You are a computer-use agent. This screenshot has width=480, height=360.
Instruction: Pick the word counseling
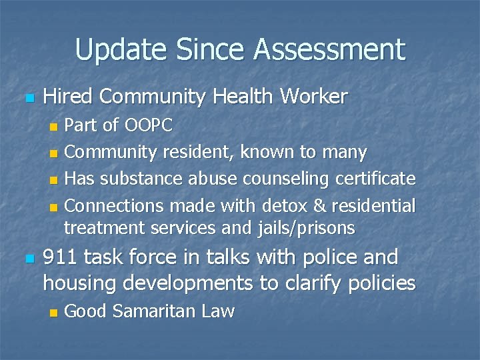click(289, 179)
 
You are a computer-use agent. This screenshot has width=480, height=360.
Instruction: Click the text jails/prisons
click(306, 229)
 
